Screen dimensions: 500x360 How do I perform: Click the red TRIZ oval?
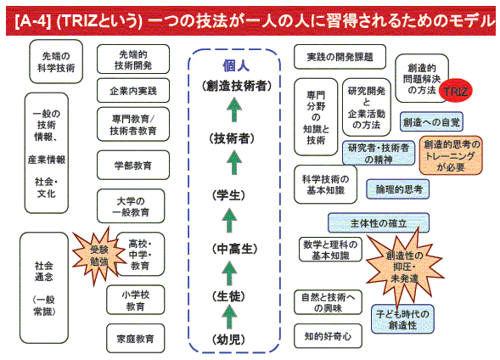455,91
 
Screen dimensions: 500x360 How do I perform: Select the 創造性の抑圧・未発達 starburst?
404,267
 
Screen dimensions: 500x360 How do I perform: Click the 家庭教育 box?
135,338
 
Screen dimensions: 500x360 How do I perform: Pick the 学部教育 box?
133,166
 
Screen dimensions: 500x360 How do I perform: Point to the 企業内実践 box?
133,91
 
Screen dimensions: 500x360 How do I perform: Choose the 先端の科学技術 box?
56,61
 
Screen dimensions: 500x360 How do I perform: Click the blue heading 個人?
236,65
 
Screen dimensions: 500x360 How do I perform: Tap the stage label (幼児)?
228,340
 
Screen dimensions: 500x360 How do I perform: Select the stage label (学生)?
228,194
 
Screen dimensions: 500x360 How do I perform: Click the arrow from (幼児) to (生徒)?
229,317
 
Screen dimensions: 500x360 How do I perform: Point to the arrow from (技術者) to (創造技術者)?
234,110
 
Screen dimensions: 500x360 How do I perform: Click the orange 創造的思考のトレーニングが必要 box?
451,155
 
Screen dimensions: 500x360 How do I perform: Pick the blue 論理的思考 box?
397,189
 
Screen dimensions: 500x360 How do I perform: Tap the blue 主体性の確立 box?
379,223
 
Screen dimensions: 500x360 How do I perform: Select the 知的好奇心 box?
328,335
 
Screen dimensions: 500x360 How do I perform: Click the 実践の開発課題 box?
340,57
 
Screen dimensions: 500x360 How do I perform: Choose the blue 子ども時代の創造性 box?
402,319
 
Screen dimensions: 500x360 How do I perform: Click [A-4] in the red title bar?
33,21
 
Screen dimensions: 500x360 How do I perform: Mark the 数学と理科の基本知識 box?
330,250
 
